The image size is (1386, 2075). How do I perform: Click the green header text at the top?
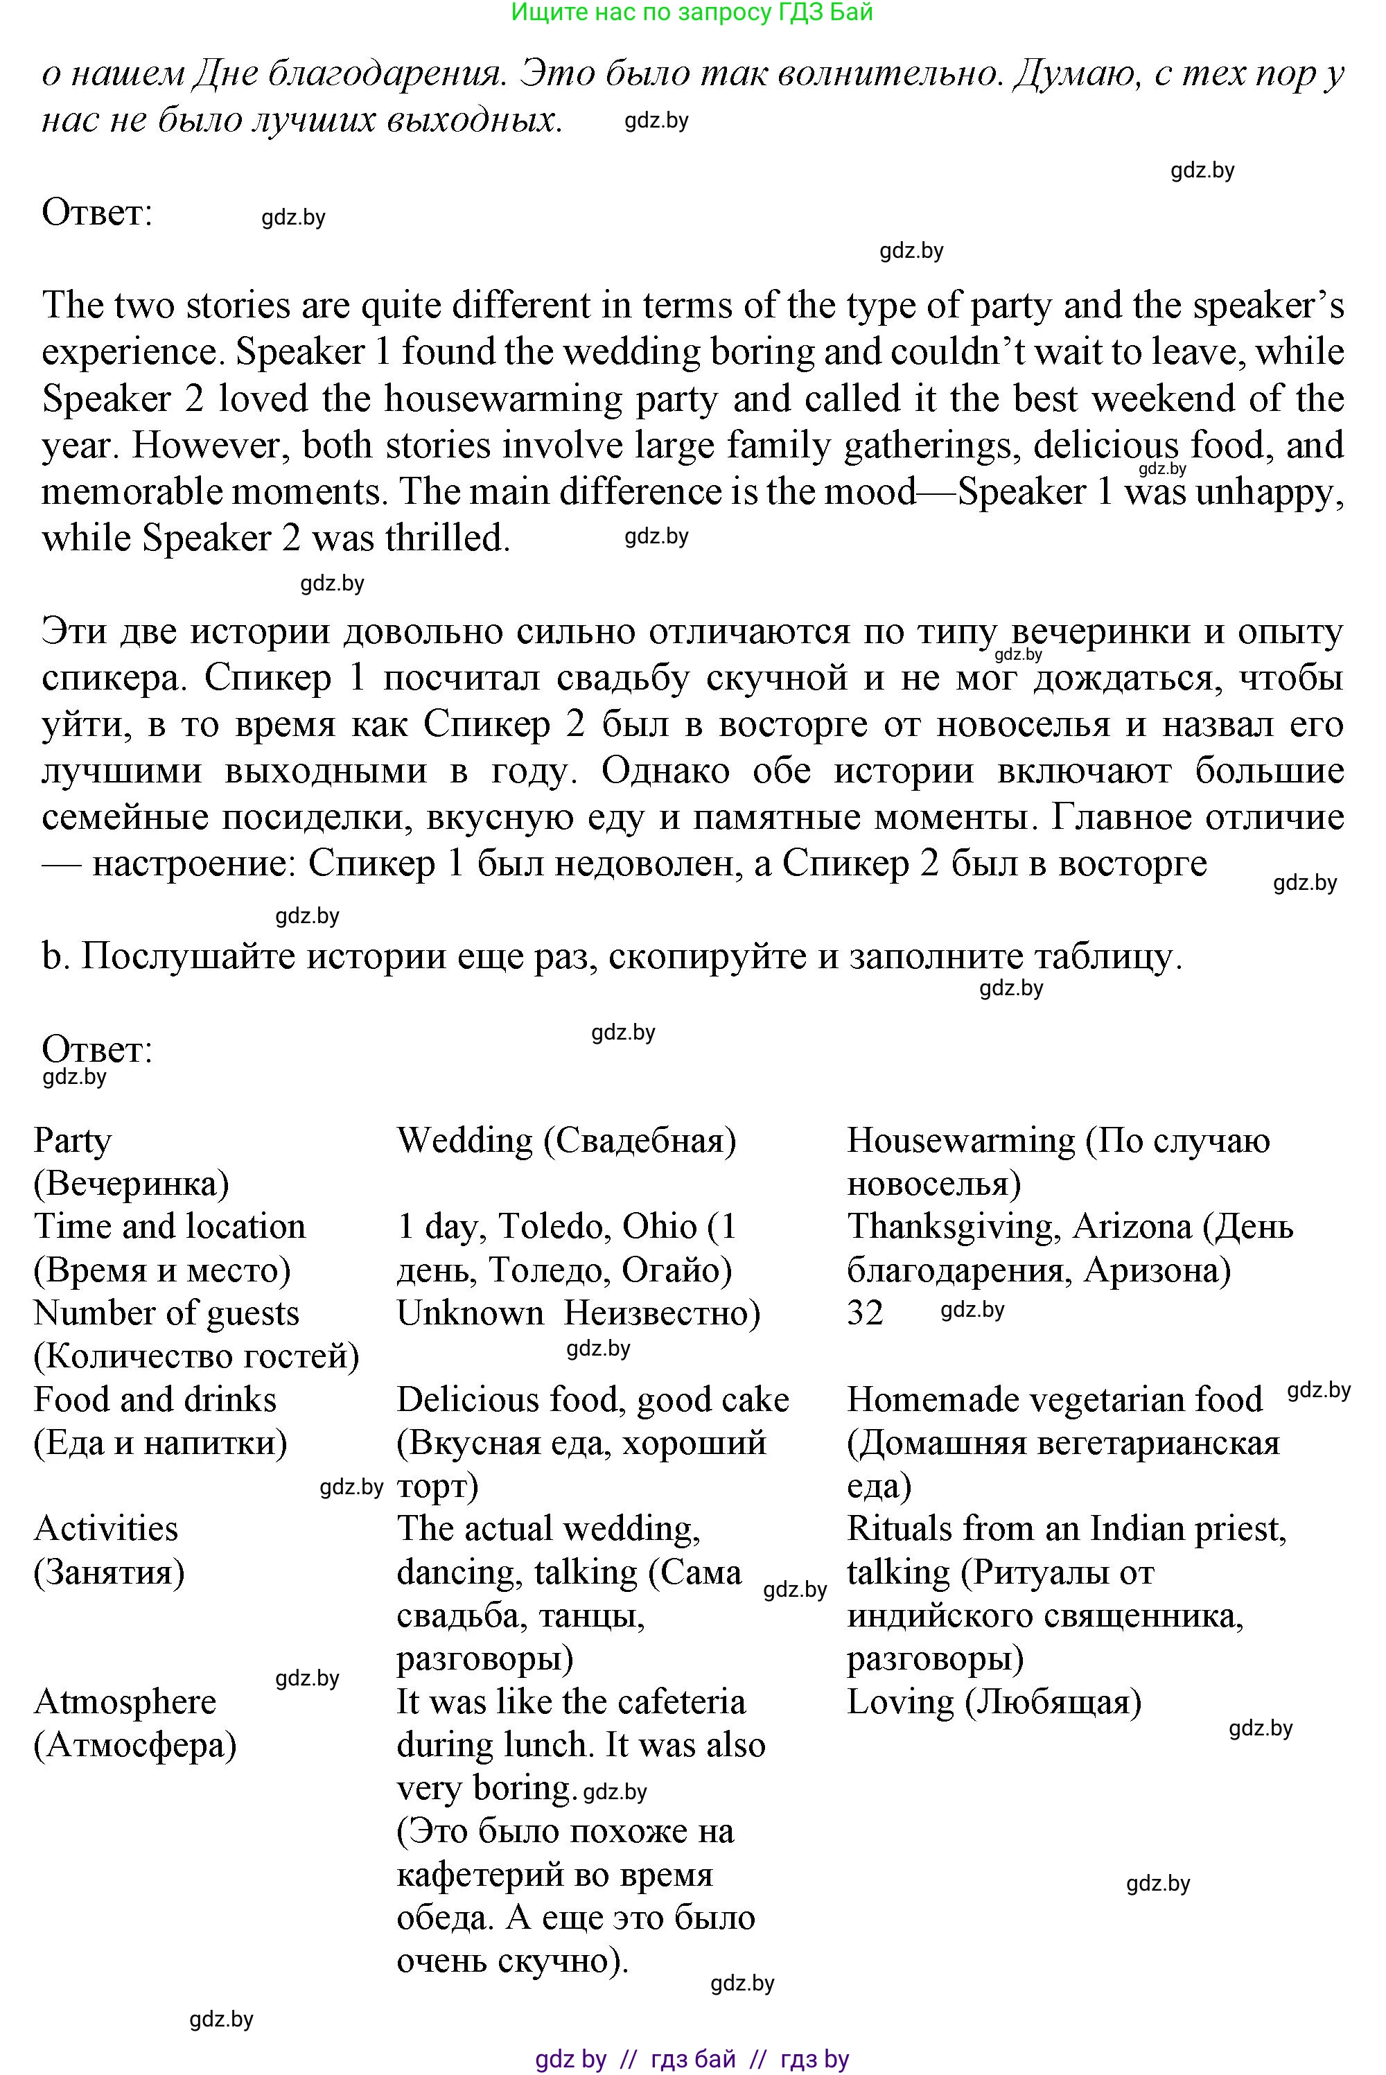tap(692, 12)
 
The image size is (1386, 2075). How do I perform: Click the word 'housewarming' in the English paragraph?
tap(502, 399)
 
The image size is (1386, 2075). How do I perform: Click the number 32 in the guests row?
tap(864, 1313)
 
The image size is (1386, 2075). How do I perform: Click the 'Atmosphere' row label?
tap(125, 1702)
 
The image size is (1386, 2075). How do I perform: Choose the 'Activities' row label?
tap(106, 1529)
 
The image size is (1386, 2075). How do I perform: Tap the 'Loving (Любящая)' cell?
tap(994, 1702)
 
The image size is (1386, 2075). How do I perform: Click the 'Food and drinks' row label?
tap(155, 1400)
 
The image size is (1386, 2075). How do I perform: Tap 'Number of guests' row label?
tap(166, 1313)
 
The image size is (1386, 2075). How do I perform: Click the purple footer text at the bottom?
tap(692, 2059)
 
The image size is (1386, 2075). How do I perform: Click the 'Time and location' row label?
tap(170, 1227)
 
